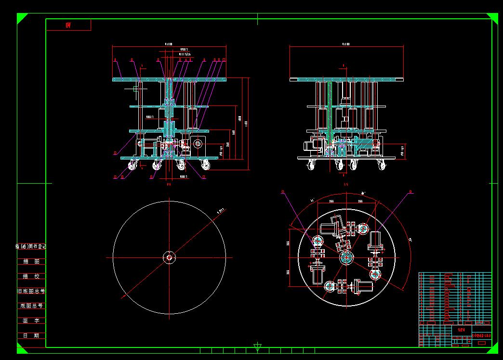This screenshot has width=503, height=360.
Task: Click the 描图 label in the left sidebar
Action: [31, 261]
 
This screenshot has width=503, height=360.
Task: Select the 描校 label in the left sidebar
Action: [31, 276]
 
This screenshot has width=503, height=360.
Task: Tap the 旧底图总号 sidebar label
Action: [31, 291]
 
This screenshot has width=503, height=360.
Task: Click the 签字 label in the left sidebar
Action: [31, 320]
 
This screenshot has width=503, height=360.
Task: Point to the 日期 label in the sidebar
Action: [31, 335]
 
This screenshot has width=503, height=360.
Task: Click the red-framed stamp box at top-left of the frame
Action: [68, 25]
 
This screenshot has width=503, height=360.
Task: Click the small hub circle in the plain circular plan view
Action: [169, 257]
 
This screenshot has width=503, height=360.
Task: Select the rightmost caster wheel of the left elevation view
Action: [206, 166]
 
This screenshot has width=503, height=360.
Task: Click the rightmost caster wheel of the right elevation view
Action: [383, 166]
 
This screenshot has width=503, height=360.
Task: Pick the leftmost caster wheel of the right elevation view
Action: [311, 166]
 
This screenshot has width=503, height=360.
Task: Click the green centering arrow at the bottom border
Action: [258, 347]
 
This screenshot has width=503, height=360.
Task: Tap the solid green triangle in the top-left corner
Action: [21, 18]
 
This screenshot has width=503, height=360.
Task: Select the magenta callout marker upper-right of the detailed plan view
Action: [410, 192]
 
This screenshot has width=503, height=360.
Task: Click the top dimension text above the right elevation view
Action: [346, 44]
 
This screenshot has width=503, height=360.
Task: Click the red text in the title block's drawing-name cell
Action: [461, 330]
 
